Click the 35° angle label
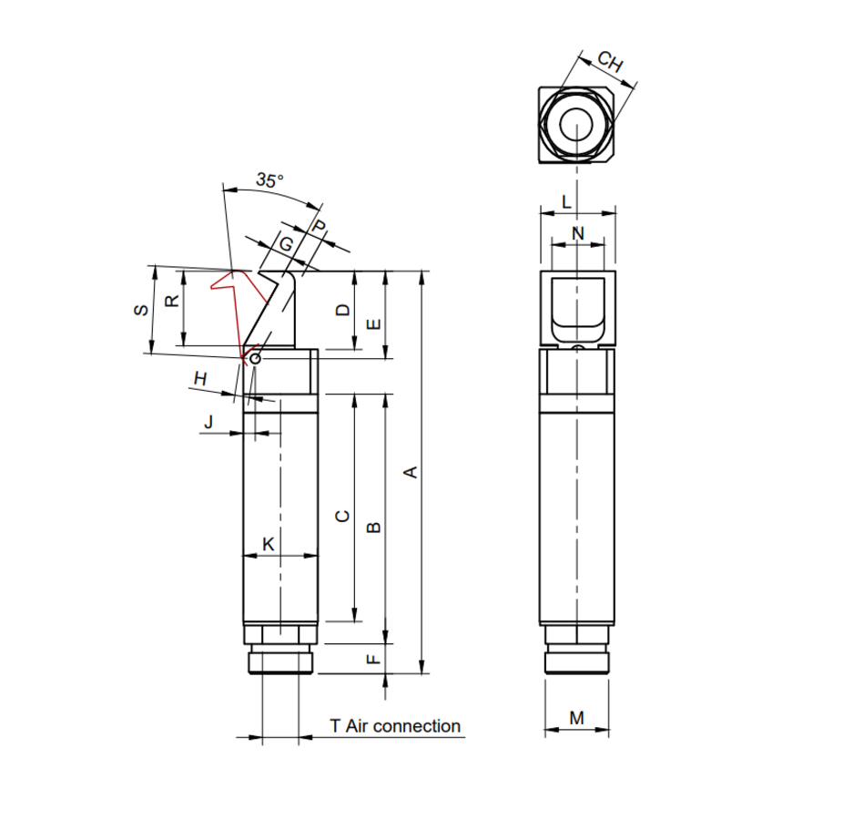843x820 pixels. pos(269,180)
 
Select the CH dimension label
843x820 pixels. pos(610,62)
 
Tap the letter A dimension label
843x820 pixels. pos(411,473)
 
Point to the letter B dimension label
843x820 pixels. pos(373,528)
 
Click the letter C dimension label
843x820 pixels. pos(342,517)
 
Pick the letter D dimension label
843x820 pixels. pos(342,310)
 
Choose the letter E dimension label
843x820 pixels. pos(373,324)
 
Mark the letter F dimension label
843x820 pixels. pos(373,659)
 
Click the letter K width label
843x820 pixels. pos(269,544)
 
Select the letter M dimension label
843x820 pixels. pos(577,718)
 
